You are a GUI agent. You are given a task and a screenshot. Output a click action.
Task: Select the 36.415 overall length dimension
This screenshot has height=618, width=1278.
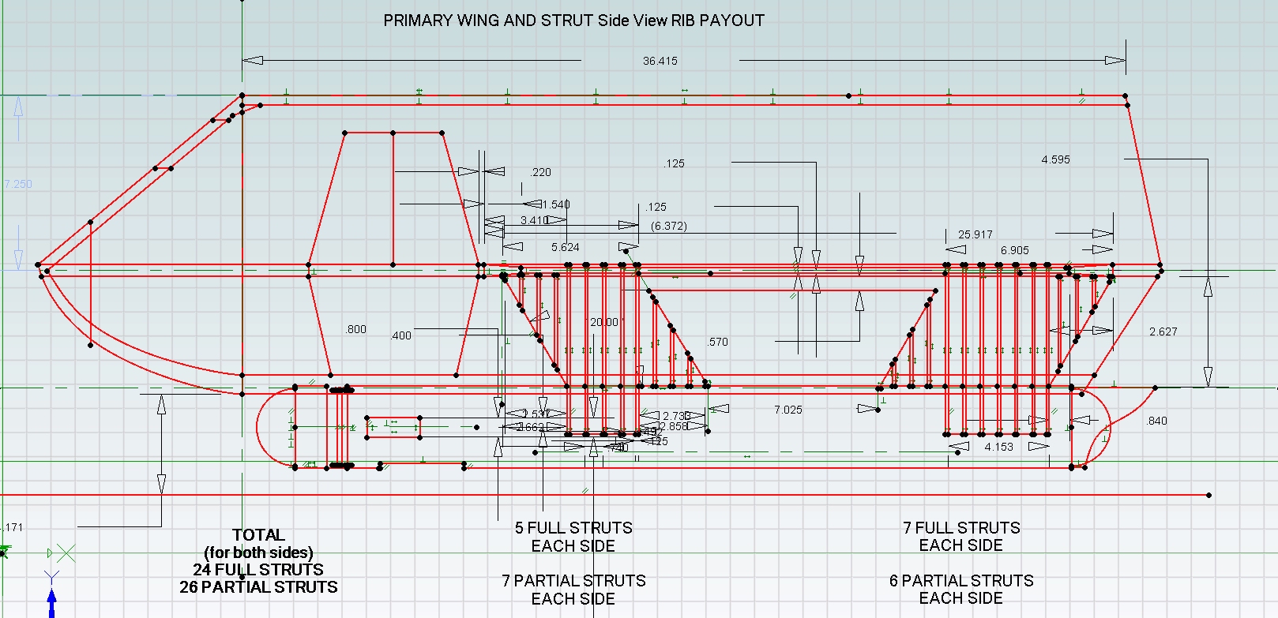pyautogui.click(x=660, y=61)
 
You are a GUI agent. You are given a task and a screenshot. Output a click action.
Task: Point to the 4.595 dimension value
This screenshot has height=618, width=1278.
pyautogui.click(x=1055, y=159)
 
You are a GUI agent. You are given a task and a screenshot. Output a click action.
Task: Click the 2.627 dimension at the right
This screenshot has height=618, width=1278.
pyautogui.click(x=1163, y=331)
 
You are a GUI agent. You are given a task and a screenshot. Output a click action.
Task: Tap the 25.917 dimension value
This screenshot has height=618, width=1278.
pyautogui.click(x=975, y=234)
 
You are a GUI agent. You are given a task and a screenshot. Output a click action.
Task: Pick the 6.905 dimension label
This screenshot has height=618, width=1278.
pyautogui.click(x=1014, y=250)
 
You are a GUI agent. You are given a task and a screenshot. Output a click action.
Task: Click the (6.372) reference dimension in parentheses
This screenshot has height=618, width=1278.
pyautogui.click(x=668, y=226)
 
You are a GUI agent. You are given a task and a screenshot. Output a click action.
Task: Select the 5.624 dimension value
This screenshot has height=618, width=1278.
pyautogui.click(x=565, y=247)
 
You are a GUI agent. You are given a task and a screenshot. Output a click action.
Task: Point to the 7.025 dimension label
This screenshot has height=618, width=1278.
pyautogui.click(x=787, y=409)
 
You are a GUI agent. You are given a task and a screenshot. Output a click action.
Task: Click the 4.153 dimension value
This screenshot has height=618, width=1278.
pyautogui.click(x=998, y=447)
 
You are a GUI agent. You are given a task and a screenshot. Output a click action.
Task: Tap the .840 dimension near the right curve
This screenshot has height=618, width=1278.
pyautogui.click(x=1156, y=421)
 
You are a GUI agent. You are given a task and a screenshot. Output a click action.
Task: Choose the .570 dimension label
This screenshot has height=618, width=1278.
pyautogui.click(x=718, y=342)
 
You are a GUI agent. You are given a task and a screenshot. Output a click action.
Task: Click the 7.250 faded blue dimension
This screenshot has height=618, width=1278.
pyautogui.click(x=18, y=184)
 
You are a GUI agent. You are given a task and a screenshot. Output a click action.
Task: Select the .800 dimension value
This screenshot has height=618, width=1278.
pyautogui.click(x=355, y=329)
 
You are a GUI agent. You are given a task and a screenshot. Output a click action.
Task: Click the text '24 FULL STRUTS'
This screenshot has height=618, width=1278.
pyautogui.click(x=258, y=569)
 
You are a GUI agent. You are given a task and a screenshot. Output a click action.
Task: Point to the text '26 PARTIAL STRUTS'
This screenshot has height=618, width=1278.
pyautogui.click(x=258, y=587)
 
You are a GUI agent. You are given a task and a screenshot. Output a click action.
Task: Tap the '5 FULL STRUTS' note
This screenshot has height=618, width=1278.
pyautogui.click(x=573, y=527)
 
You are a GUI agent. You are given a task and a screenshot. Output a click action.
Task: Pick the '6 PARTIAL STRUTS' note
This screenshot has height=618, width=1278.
pyautogui.click(x=961, y=581)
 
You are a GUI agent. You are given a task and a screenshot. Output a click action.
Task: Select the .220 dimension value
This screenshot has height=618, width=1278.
pyautogui.click(x=541, y=172)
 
